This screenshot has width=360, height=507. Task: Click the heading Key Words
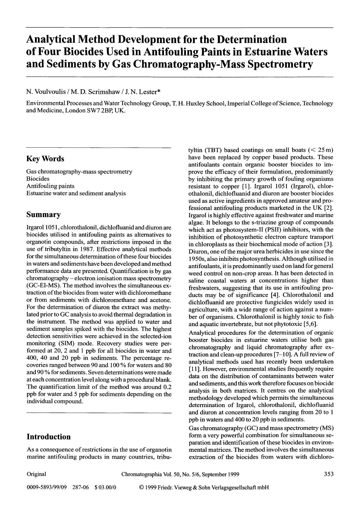click(x=45, y=159)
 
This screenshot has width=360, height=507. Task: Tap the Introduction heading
click(x=49, y=437)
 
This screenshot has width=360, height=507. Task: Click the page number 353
click(x=329, y=474)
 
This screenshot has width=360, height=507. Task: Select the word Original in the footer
click(x=36, y=474)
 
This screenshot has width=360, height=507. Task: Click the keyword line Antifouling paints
click(x=50, y=186)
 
